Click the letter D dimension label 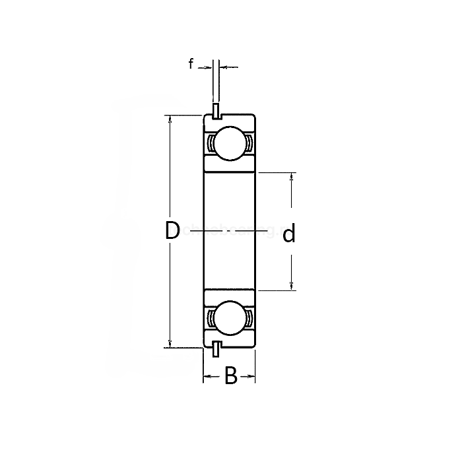click(x=172, y=231)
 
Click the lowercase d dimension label click(x=288, y=234)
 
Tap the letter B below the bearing click(x=230, y=376)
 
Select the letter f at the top click(x=191, y=64)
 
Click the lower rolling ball click(x=229, y=319)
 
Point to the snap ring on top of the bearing click(x=216, y=111)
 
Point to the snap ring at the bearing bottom click(x=216, y=350)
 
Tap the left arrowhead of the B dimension click(x=207, y=377)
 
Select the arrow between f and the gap click(x=207, y=67)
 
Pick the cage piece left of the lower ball click(x=210, y=319)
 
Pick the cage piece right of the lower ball click(x=249, y=319)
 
